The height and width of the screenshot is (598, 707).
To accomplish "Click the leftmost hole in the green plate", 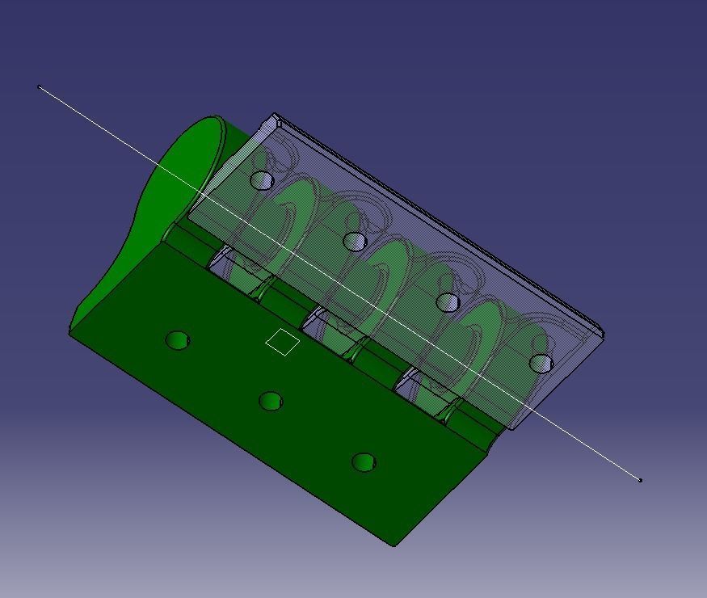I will pos(177,340).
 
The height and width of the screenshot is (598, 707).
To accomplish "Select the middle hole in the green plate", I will pos(271,401).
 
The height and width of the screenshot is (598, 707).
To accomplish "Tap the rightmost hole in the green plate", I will pos(364,462).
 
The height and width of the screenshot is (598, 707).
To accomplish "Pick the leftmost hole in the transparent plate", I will pos(261,179).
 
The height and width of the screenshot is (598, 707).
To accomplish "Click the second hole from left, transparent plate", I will pos(354,241).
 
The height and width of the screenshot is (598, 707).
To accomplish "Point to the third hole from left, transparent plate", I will pos(447,302).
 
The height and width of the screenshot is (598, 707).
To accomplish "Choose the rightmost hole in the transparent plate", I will pos(541,364).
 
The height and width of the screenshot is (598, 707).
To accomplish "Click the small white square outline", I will pos(283,342).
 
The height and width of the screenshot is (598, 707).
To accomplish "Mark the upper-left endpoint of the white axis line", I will pos(40,86).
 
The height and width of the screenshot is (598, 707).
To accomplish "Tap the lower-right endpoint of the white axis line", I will pos(640,480).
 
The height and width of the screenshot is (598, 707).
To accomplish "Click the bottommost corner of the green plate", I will pos(394,545).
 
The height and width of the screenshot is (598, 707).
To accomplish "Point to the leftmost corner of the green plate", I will pos(70,331).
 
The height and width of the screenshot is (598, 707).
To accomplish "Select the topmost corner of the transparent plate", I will pos(276,115).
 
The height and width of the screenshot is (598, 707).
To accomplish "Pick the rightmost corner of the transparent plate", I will pos(604,333).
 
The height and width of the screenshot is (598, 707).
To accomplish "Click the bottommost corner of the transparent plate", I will pos(514,429).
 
